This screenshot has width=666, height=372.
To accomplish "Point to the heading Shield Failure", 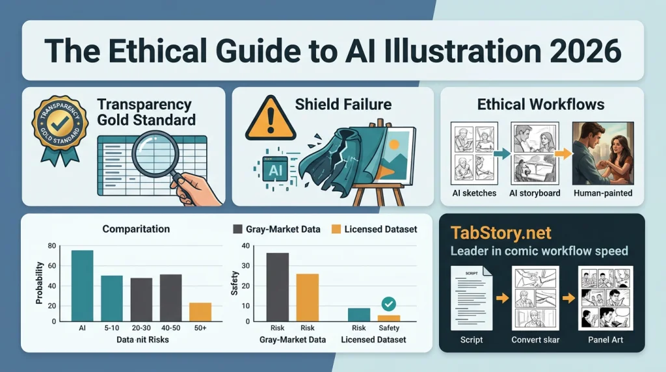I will click(x=343, y=104).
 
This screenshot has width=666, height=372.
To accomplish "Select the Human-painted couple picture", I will click(x=602, y=152).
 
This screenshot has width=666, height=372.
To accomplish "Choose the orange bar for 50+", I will click(x=200, y=312).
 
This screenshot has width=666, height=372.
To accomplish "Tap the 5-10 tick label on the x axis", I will click(x=111, y=329).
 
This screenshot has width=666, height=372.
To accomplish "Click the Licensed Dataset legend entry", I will click(x=374, y=229).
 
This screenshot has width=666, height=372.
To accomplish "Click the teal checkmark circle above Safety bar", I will click(x=389, y=303).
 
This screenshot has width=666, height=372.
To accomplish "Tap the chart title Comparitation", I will click(x=136, y=229).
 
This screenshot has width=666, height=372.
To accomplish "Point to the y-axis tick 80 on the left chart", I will click(x=52, y=246).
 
